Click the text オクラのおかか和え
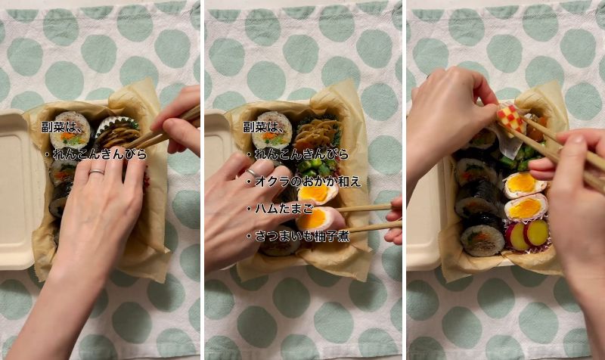pyautogui.click(x=308, y=182)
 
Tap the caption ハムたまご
pyautogui.click(x=284, y=209)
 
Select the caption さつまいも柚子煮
pyautogui.click(x=302, y=236)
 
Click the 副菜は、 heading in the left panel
pyautogui.click(x=63, y=127)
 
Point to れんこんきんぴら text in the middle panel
pyautogui.click(x=301, y=154)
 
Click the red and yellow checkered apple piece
pyautogui.click(x=510, y=116)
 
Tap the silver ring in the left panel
pyautogui.click(x=97, y=172)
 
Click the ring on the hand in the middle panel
pyautogui.click(x=253, y=172)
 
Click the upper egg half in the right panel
pyautogui.click(x=525, y=185)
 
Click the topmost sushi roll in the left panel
pyautogui.click(x=70, y=130)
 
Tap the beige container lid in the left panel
pyautogui.click(x=16, y=189)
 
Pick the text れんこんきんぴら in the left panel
pyautogui.click(x=100, y=154)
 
